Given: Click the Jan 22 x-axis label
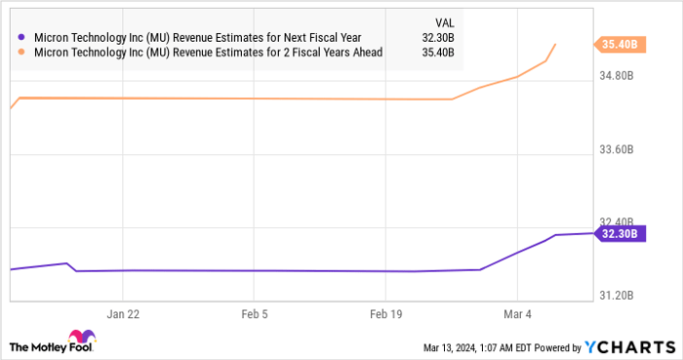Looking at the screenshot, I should click(x=123, y=315).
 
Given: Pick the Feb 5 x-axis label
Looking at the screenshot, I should click(x=254, y=315).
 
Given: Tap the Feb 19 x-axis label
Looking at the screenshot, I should click(x=384, y=315).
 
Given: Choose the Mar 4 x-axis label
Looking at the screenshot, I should click(x=517, y=315).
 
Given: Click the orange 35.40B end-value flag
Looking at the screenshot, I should click(x=618, y=44).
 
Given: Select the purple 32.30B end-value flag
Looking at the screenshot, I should click(x=618, y=234).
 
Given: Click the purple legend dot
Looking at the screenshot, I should click(x=22, y=39).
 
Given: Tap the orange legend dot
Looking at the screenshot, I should click(x=22, y=54).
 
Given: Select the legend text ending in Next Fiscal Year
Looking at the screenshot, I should click(x=196, y=39).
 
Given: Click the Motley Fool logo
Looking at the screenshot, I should click(x=53, y=345).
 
